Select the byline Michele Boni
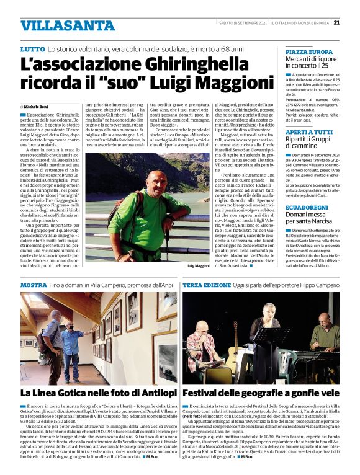point(38,107)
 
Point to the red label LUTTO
point(32,48)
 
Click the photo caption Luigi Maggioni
point(199,265)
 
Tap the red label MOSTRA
point(34,285)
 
